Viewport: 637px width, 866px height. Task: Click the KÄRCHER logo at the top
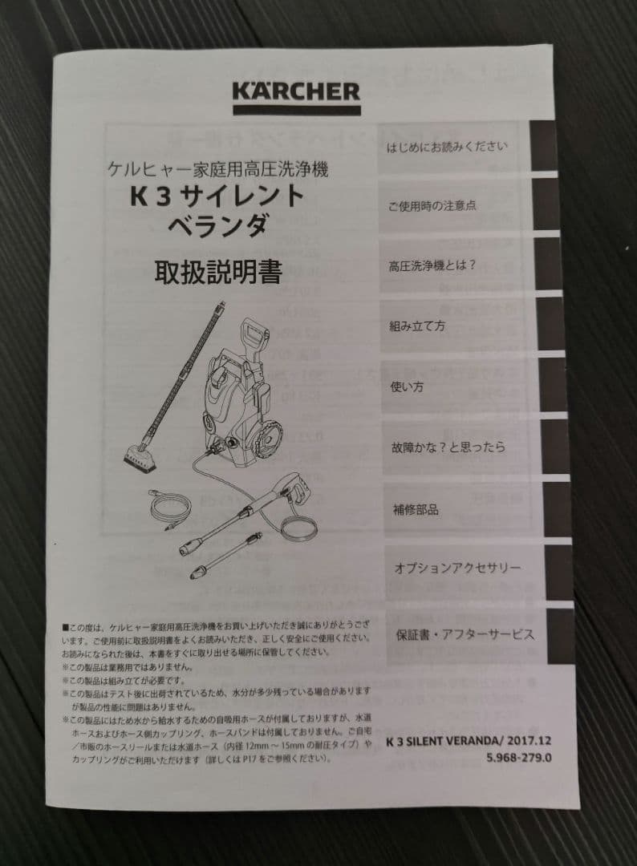(x=296, y=92)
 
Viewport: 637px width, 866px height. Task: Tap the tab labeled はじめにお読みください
(x=448, y=147)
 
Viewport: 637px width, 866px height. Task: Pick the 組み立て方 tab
(x=417, y=326)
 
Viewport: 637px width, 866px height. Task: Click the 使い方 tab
(x=407, y=387)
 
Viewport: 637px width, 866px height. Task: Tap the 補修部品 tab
(x=416, y=509)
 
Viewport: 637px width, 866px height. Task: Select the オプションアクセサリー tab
(x=457, y=568)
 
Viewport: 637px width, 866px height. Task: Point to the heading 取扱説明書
(x=218, y=273)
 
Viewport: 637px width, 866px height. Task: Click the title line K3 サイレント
(x=218, y=196)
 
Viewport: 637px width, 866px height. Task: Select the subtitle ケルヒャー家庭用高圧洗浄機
(x=217, y=169)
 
